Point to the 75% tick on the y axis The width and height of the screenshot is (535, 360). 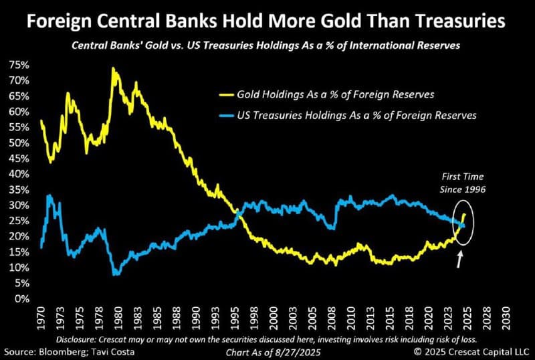pos(18,65)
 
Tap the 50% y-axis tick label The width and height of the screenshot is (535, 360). pos(18,143)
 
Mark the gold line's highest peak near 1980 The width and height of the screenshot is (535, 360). pos(113,68)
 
